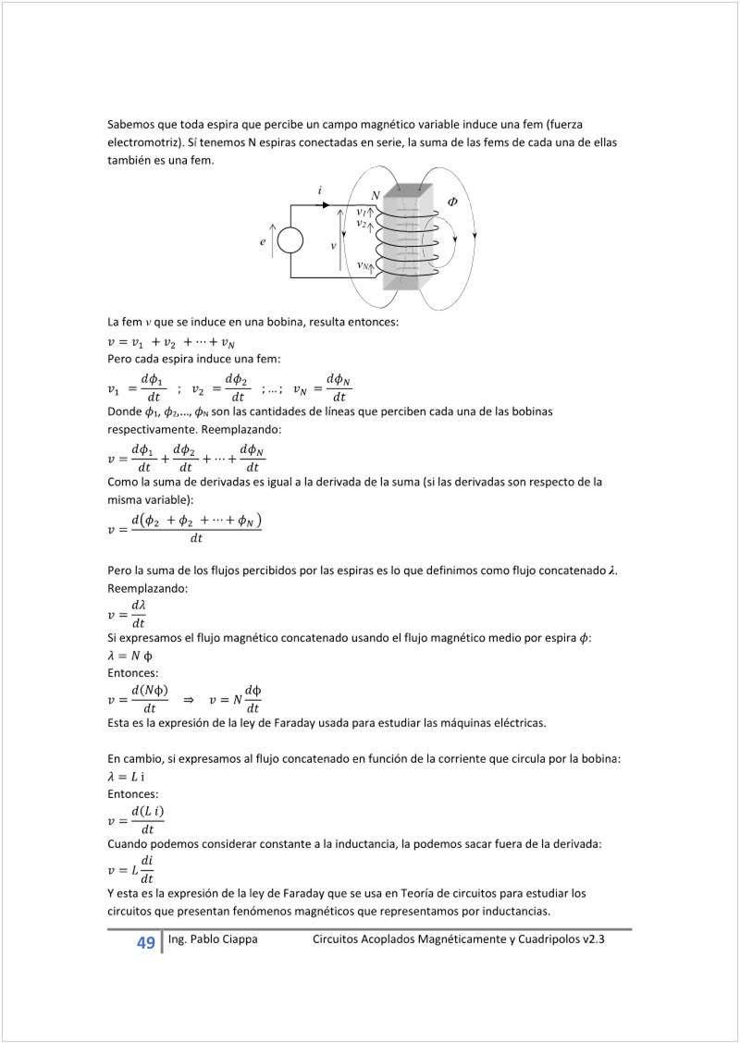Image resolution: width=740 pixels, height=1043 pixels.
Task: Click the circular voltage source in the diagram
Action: pos(290,241)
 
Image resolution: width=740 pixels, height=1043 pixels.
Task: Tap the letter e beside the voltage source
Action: pos(264,241)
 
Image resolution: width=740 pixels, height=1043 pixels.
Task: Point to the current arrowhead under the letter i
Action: pos(325,204)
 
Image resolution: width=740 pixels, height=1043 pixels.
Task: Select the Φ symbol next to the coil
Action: pos(452,201)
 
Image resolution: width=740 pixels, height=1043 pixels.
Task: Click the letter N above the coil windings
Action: pos(375,195)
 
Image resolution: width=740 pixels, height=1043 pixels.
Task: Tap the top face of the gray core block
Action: pos(408,190)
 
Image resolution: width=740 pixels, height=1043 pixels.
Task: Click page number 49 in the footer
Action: pos(145,943)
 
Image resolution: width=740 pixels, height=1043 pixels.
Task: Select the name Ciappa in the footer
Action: pos(236,939)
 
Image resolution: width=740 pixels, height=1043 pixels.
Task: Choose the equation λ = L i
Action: pos(127,777)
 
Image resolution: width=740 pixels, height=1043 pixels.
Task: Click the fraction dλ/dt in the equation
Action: pos(139,613)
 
